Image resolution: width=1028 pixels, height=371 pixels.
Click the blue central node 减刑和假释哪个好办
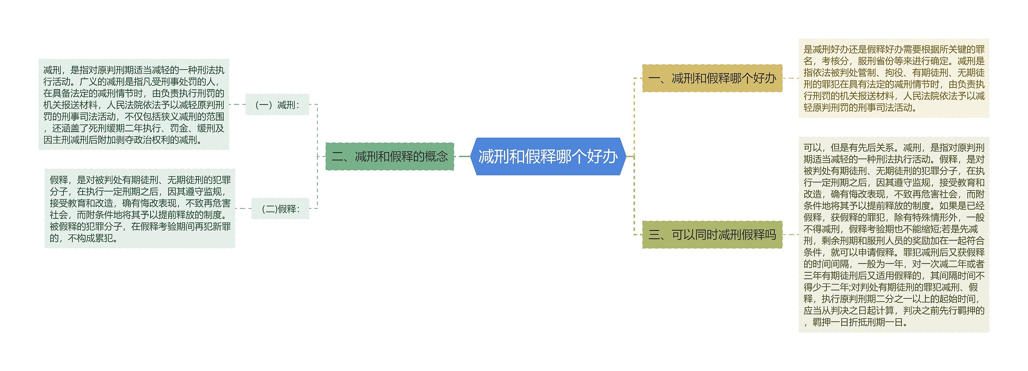click(x=548, y=157)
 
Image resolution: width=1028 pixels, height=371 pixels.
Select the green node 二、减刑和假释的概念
click(x=390, y=157)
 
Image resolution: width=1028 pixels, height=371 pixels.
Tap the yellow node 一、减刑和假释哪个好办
click(x=712, y=78)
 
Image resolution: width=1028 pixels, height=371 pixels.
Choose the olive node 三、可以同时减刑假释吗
click(x=712, y=234)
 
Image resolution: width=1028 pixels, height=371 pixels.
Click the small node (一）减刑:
click(x=277, y=105)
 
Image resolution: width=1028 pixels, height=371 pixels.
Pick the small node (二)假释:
click(x=280, y=209)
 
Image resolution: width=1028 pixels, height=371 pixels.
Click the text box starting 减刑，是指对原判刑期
click(x=134, y=105)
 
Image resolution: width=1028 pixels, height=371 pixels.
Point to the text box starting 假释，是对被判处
click(x=140, y=209)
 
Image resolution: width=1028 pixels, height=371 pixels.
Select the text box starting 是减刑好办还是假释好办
click(x=894, y=78)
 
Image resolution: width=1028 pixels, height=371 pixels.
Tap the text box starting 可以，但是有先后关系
click(x=894, y=234)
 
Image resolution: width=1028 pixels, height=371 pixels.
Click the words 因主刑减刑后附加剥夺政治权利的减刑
click(x=122, y=140)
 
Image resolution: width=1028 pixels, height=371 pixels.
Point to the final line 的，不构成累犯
click(x=84, y=238)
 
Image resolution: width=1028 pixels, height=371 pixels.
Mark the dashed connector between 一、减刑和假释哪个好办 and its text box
click(x=790, y=78)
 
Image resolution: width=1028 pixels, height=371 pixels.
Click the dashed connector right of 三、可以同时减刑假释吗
click(x=790, y=234)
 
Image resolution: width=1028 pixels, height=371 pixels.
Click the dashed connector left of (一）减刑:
click(x=237, y=104)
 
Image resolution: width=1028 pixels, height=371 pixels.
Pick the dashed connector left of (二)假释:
click(x=243, y=208)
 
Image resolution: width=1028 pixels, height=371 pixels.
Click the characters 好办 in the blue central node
click(x=602, y=157)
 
